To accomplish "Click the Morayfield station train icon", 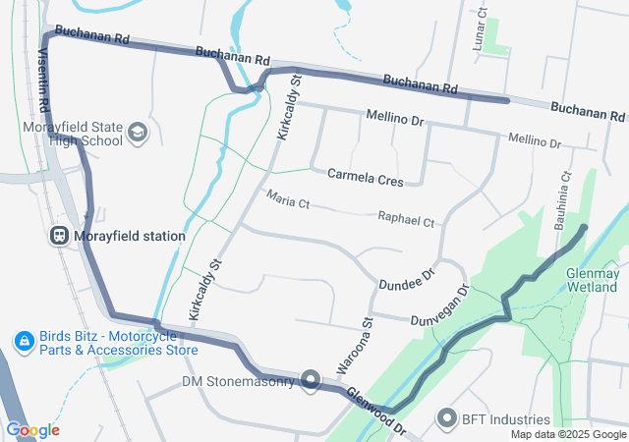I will pyautogui.click(x=59, y=236).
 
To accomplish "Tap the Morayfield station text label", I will pyautogui.click(x=129, y=237).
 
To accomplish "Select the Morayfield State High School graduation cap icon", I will pyautogui.click(x=137, y=130).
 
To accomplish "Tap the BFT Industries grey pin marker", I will pyautogui.click(x=449, y=418).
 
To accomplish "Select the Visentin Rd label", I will pyautogui.click(x=43, y=79).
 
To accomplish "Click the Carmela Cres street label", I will pyautogui.click(x=366, y=180).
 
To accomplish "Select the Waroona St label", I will pyautogui.click(x=357, y=344).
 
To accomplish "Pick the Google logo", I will pyautogui.click(x=32, y=430).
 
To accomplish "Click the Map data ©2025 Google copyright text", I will pyautogui.click(x=568, y=435).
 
